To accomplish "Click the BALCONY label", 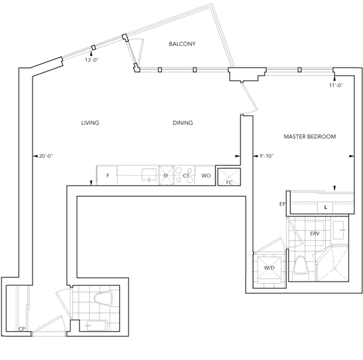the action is (x=182, y=44).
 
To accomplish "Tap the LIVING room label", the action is (x=90, y=123).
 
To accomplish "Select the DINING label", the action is (x=183, y=123).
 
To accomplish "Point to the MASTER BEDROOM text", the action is (x=310, y=137).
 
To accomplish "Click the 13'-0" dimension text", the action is (x=92, y=60).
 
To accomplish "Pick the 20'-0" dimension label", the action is (x=46, y=156).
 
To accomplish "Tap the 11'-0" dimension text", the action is (x=336, y=85).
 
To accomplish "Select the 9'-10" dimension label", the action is (x=267, y=156).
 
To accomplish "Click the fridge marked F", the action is (x=107, y=175).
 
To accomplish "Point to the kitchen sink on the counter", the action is (x=149, y=174).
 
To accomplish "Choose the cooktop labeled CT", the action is (x=184, y=175).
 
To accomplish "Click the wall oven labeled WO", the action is (x=205, y=175).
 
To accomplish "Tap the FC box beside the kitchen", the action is (x=229, y=177).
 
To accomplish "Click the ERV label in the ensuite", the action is (x=315, y=234).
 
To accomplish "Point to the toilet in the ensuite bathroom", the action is (x=301, y=268).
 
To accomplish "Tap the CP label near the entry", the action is (x=22, y=329).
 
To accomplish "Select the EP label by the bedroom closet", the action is (x=282, y=204).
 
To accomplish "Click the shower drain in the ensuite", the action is (x=334, y=268).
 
